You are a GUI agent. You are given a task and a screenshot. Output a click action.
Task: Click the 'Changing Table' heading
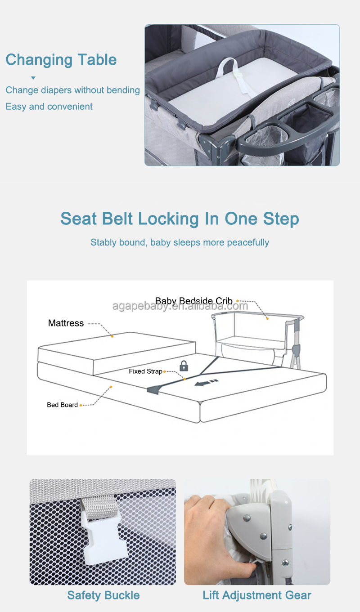point(61,60)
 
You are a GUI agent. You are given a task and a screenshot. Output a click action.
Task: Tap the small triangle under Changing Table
point(33,78)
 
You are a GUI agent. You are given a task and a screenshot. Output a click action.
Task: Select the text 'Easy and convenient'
point(49,107)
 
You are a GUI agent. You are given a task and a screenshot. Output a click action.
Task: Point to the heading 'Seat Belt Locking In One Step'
point(180,219)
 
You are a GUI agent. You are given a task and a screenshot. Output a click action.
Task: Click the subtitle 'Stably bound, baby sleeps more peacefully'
point(180,242)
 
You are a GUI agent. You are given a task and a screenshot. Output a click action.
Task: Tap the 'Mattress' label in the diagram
point(66,323)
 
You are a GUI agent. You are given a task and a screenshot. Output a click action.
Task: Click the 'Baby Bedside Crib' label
point(193,300)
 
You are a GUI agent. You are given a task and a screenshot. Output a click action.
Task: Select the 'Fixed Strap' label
point(145,371)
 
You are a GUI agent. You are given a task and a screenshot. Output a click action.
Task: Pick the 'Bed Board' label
point(62,405)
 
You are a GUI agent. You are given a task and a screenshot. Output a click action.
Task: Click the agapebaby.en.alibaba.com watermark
point(180,306)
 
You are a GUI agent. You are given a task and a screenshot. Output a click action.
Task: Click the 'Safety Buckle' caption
point(103,595)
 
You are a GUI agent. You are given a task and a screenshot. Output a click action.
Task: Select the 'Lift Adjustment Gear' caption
point(257,595)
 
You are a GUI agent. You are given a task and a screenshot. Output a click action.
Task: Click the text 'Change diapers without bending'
point(72,90)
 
